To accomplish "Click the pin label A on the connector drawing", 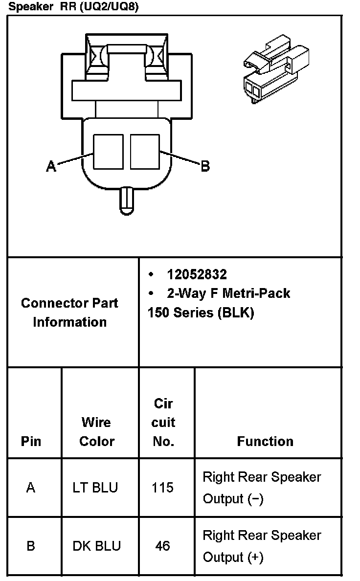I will pos(51,166).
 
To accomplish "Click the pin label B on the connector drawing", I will pos(205,166).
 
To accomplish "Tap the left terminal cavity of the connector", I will pos(108,151).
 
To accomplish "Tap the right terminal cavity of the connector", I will pos(145,151).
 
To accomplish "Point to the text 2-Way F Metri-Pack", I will pos(228,293).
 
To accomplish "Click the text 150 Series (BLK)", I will pos(201,313).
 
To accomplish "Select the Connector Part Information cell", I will pos(69,313).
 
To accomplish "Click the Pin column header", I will pos(31,441).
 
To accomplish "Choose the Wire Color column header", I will pos(96,431).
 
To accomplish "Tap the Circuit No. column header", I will pos(163,422).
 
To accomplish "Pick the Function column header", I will pos(265,441).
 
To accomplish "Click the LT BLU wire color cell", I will pos(95,488).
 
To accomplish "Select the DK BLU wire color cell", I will pos(96,546).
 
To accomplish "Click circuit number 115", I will pos(162,488).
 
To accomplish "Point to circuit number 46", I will pos(162,546).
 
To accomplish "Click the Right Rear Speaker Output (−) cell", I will pos(262,488).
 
